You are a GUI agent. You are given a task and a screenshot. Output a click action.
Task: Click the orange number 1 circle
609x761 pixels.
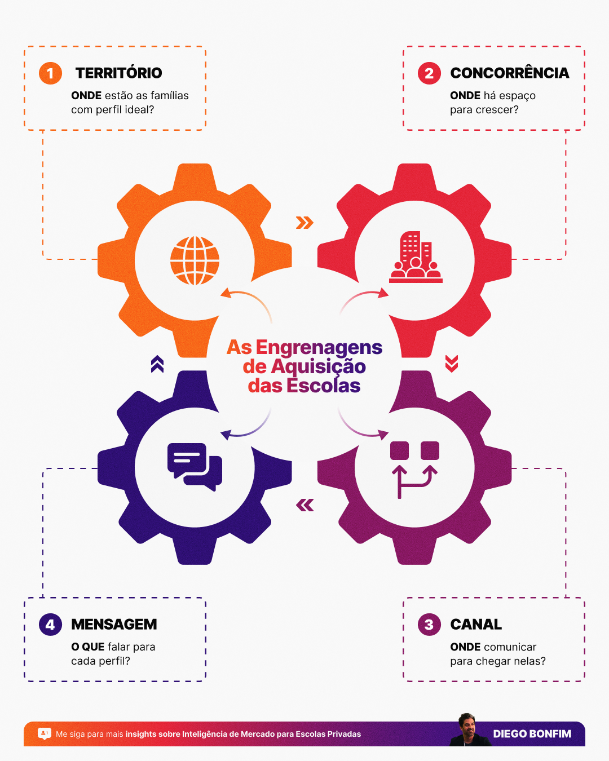coord(50,73)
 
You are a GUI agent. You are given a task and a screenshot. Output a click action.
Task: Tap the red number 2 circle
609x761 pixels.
coord(429,73)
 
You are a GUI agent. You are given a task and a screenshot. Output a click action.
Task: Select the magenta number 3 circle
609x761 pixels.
coord(429,625)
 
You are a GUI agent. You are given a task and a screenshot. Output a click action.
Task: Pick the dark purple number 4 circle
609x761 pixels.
coord(50,625)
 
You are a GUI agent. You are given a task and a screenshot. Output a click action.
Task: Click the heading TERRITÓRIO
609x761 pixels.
coord(118,73)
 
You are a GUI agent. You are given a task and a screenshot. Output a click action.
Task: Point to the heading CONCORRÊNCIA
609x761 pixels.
coord(510,73)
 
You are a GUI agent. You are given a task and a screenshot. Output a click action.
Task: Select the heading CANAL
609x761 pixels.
coord(476,625)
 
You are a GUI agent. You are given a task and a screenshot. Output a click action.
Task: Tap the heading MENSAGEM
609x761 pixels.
coord(114,625)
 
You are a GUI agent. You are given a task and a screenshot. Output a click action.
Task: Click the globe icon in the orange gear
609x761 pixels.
coord(195,260)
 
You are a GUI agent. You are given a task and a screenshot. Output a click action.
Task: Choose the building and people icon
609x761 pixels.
coord(416,257)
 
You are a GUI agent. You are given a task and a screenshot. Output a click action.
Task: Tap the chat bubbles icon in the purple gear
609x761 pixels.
coord(195,467)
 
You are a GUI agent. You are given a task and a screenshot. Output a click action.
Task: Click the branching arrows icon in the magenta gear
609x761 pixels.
coord(414,470)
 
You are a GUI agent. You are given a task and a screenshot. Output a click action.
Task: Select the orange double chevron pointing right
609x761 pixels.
coord(304,223)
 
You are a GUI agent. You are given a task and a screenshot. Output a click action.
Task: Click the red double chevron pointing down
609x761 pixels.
coord(452,364)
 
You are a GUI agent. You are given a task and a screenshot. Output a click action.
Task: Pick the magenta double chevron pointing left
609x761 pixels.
coord(304,505)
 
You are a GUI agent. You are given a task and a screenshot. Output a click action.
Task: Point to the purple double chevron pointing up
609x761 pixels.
coord(157,364)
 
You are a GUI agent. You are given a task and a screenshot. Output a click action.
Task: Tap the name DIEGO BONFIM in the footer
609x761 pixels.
coord(532,734)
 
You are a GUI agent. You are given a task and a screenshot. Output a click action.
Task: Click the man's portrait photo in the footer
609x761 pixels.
coord(469,730)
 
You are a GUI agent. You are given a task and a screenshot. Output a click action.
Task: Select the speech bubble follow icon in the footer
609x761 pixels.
coord(44,734)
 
